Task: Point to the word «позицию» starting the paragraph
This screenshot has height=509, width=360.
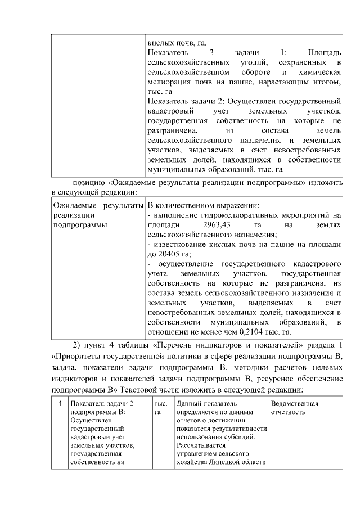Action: coord(88,183)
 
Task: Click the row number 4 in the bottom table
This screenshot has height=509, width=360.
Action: coord(60,404)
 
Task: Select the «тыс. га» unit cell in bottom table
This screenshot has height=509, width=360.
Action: coord(160,408)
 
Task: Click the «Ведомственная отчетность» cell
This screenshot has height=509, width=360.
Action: coord(294,408)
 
